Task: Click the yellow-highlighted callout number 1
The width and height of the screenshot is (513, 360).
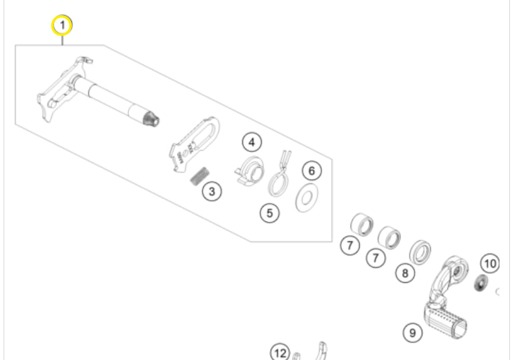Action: point(62,25)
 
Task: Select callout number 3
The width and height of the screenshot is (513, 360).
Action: point(212,192)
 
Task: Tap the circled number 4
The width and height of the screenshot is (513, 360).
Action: point(251,142)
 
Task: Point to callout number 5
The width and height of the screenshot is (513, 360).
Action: point(270,213)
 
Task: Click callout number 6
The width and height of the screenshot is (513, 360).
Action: point(312,171)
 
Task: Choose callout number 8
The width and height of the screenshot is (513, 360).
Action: point(405,272)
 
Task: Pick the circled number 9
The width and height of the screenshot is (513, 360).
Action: point(413,333)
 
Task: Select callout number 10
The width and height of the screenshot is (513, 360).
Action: point(490,263)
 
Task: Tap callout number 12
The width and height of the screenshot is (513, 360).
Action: point(280,353)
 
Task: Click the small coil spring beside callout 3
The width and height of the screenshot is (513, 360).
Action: point(199,176)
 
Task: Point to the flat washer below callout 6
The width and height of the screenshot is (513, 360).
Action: point(307,198)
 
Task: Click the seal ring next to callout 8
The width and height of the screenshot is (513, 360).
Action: point(420,252)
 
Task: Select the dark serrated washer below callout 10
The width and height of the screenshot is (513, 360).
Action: point(481,283)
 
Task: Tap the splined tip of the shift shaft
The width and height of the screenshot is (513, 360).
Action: point(152,119)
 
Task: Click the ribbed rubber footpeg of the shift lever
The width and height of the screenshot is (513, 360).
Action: point(445,320)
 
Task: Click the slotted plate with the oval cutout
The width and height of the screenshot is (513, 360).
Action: point(194,145)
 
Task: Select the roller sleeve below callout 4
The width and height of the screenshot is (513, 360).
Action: point(250,170)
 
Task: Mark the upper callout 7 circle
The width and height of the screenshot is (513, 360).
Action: point(350,245)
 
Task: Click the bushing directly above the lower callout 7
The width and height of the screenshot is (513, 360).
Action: point(389,237)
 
